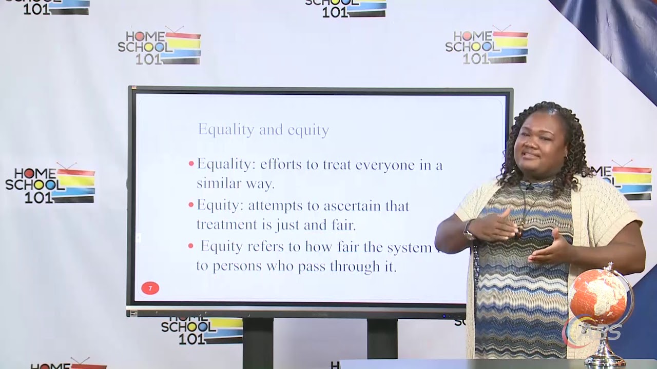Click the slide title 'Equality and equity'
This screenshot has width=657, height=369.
(263, 130)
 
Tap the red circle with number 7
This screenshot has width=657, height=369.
(150, 288)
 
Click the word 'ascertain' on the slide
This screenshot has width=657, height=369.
(366, 206)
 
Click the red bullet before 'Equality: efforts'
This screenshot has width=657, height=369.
(191, 165)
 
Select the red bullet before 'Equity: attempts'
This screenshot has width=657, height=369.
(191, 206)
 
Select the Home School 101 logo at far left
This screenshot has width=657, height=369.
(50, 184)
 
